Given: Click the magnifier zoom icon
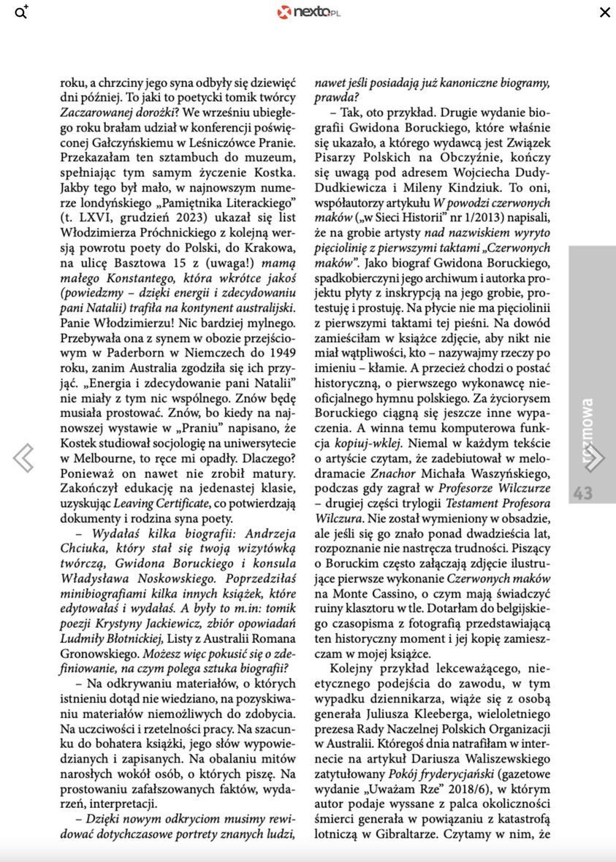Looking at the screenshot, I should point(21,12).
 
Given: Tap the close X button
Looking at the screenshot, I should point(604,12).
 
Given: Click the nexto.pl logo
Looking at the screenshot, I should point(308,12).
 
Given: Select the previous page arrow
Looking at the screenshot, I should point(23,458).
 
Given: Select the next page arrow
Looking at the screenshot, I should point(593,458).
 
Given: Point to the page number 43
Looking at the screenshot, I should point(583,494).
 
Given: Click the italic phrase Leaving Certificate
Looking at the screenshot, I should point(159,503).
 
